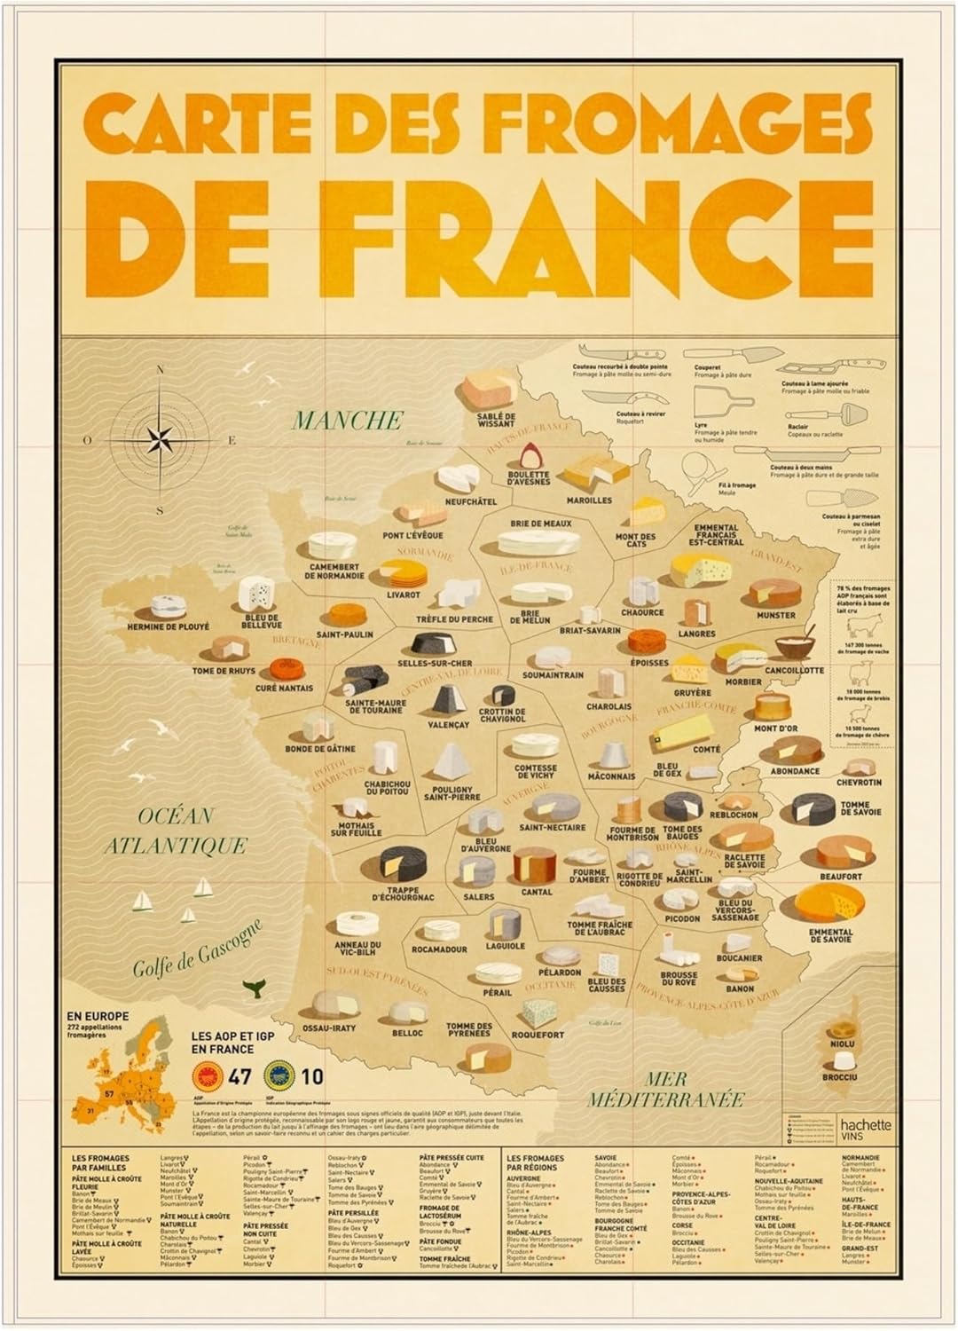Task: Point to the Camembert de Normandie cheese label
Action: (x=336, y=571)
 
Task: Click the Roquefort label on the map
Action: (x=538, y=1035)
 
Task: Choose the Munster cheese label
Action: (x=775, y=615)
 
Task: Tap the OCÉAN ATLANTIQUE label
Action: (x=175, y=831)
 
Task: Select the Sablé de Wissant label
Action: (x=496, y=419)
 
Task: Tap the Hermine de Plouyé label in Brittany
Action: (x=169, y=626)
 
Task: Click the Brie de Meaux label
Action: (x=540, y=524)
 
